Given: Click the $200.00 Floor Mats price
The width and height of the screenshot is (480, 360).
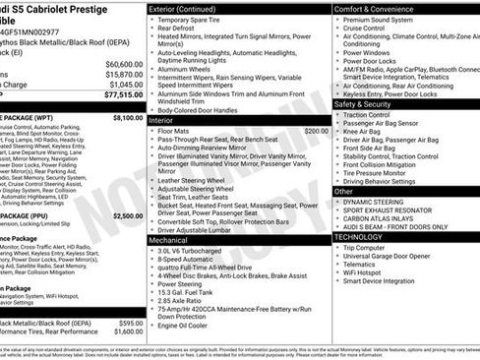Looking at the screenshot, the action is [x=316, y=130].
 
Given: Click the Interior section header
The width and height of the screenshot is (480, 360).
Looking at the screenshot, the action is [x=167, y=119].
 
